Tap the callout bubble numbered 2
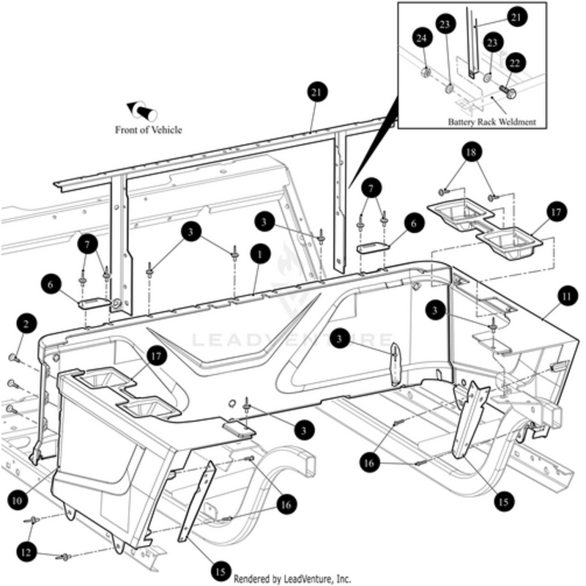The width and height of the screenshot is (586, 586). pyautogui.click(x=26, y=323)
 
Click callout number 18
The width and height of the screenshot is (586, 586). pyautogui.click(x=471, y=153)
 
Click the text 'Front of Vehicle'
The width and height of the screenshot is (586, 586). pyautogui.click(x=148, y=130)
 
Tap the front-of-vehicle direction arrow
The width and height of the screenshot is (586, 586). pyautogui.click(x=144, y=111)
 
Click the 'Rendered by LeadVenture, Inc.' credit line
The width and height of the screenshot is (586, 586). pyautogui.click(x=293, y=578)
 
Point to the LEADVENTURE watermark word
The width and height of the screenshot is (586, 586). pyautogui.click(x=293, y=340)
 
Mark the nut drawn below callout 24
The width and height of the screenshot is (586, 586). pyautogui.click(x=423, y=73)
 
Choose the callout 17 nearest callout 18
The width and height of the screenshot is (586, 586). pyautogui.click(x=555, y=212)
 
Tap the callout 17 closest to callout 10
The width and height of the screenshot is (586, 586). pyautogui.click(x=155, y=356)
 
